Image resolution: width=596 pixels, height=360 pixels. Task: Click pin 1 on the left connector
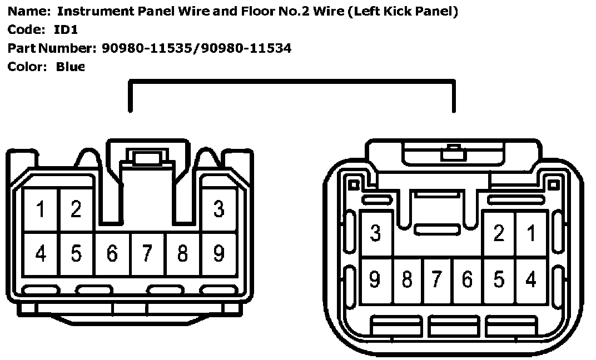(x=41, y=210)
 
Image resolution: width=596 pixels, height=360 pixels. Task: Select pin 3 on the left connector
(x=219, y=209)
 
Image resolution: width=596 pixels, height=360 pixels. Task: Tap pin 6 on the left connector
(x=112, y=253)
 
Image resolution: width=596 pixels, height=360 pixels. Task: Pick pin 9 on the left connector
(x=219, y=253)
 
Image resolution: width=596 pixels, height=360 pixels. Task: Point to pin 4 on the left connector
(x=41, y=253)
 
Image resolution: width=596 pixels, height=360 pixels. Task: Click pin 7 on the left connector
(x=147, y=253)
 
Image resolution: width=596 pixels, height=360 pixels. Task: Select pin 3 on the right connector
(x=376, y=233)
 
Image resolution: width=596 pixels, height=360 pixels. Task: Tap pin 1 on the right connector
(x=532, y=233)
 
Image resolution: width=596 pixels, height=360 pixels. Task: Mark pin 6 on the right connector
(x=467, y=279)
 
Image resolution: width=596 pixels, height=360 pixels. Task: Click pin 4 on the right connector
(x=532, y=279)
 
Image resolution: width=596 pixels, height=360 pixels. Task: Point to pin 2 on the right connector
(x=499, y=233)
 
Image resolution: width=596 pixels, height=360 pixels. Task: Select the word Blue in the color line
(x=70, y=67)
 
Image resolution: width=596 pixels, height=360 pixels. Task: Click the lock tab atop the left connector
(x=147, y=158)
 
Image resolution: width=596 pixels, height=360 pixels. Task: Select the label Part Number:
(x=52, y=48)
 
